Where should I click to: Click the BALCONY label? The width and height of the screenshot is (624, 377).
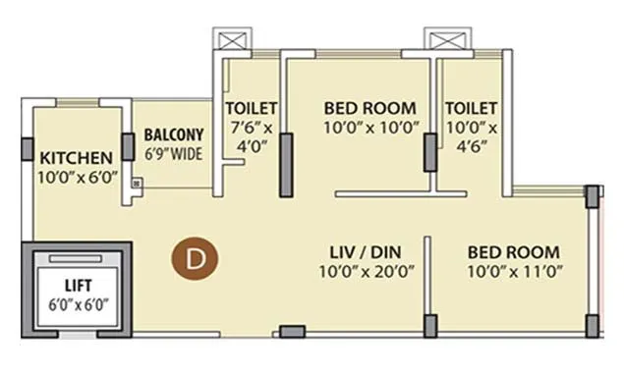click(174, 134)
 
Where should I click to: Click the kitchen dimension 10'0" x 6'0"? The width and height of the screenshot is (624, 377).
click(78, 177)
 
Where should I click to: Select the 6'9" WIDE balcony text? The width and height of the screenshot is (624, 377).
click(174, 154)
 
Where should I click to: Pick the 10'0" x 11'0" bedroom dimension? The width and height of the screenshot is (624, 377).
click(513, 271)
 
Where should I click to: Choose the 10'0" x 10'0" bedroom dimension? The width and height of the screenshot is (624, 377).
click(369, 127)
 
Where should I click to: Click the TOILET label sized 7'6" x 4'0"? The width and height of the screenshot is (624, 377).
click(251, 108)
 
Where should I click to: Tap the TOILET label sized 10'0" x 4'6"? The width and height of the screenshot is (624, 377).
click(471, 108)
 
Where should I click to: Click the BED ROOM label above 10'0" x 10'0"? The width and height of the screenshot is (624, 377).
click(369, 108)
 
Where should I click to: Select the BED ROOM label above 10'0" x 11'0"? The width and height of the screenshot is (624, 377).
click(513, 251)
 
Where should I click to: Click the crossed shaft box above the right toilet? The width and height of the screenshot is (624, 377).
click(438, 41)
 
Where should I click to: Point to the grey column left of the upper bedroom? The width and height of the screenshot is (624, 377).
click(286, 166)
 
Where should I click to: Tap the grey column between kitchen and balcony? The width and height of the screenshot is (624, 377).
click(128, 146)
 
